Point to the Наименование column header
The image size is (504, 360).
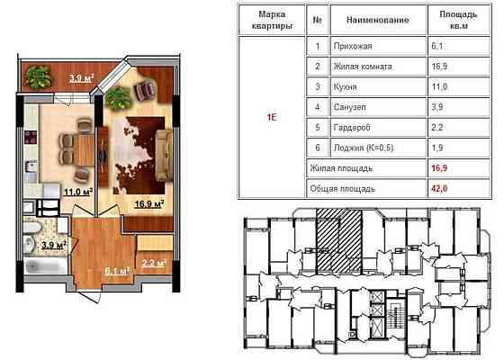pyautogui.click(x=368, y=19)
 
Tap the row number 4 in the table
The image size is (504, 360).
pyautogui.click(x=316, y=108)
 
